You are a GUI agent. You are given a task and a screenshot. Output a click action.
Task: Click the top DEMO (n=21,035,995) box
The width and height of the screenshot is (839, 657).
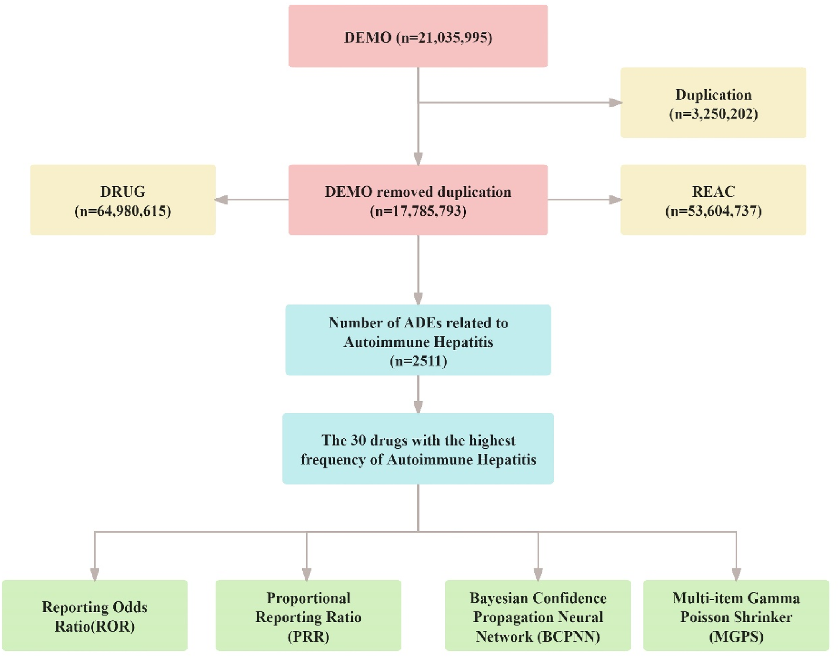click(418, 36)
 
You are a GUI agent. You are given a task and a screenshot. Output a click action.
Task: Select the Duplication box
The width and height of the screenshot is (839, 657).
click(713, 103)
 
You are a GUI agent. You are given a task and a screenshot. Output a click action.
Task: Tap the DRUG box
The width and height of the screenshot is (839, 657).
click(123, 200)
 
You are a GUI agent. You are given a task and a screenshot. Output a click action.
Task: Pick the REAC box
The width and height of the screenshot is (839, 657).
click(713, 200)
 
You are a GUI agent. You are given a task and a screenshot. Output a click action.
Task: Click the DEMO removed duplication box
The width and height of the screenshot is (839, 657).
click(418, 200)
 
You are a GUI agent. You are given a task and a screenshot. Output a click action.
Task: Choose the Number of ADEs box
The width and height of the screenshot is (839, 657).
click(418, 340)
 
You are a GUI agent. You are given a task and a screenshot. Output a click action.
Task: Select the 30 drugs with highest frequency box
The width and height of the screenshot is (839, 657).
click(418, 449)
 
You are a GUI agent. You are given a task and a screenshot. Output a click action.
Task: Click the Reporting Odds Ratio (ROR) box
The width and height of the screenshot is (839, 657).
click(95, 615)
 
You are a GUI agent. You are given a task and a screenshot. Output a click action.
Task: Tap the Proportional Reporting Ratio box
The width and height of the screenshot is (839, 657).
click(308, 615)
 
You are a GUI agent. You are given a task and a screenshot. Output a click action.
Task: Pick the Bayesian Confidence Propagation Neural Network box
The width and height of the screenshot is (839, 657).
click(538, 615)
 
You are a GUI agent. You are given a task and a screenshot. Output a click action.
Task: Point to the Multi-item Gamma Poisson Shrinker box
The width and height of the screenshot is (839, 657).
click(736, 615)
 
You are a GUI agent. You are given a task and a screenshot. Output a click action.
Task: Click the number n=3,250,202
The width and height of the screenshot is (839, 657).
click(714, 114)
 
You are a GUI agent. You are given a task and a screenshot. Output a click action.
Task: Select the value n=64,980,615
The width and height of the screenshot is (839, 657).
click(123, 211)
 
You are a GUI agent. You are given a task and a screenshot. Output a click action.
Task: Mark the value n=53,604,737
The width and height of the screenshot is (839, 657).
click(714, 211)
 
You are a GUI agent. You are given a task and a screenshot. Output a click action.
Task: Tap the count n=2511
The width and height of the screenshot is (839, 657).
click(418, 361)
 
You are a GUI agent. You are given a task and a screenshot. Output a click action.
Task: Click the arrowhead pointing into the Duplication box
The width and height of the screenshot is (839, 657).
click(615, 103)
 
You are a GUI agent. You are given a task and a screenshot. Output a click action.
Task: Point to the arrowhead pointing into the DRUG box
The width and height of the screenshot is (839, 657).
click(221, 200)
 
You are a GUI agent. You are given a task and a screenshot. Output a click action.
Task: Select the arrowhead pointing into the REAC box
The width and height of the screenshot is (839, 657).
click(615, 200)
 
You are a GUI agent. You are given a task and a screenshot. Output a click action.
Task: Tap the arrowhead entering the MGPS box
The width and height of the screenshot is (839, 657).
click(736, 574)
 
